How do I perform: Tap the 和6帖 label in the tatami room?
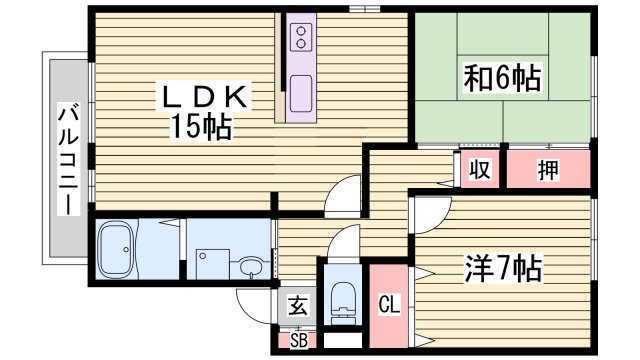501,78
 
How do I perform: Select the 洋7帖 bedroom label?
501,267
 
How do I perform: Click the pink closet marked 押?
547,170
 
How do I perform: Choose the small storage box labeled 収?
481,170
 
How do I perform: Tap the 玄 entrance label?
298,307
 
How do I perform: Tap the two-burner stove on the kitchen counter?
299,39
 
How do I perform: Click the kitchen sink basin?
299,93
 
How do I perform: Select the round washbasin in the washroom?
250,267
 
